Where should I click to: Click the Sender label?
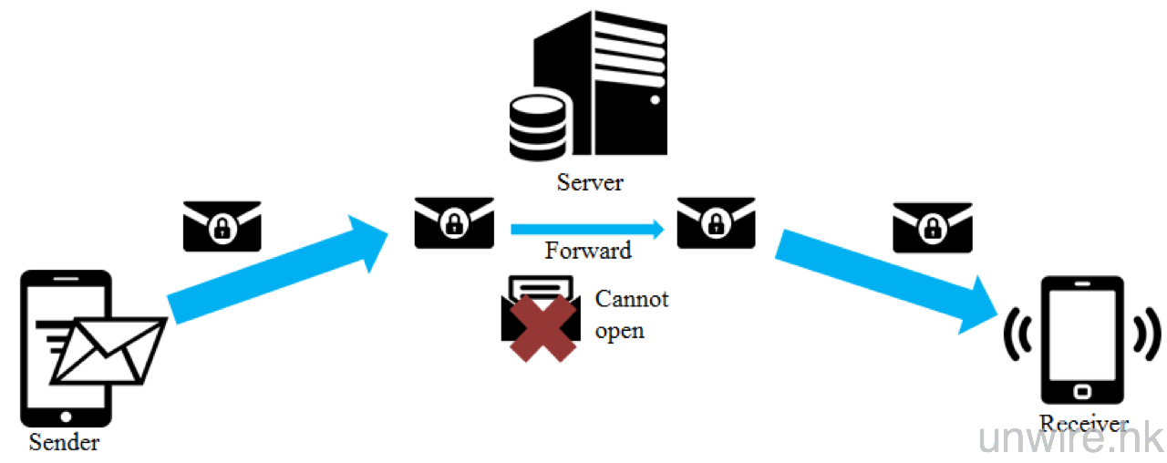point(64,444)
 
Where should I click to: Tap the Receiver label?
point(1083,424)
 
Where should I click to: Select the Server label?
point(590,181)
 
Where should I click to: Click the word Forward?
point(588,250)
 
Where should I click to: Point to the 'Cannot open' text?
point(631,314)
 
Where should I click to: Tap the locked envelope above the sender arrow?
point(222,226)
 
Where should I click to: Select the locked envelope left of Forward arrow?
point(454,222)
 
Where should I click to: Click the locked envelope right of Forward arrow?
point(716,222)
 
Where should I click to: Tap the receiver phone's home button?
point(1082,391)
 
